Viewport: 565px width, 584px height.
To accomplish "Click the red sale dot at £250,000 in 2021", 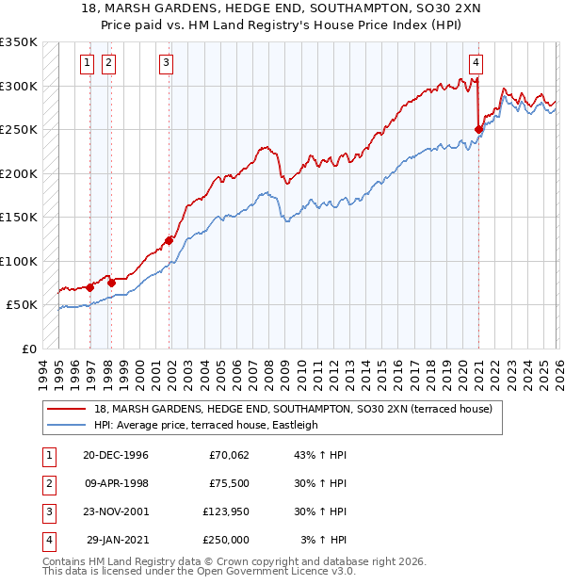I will [478, 130].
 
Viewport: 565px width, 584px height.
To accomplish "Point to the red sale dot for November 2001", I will [169, 240].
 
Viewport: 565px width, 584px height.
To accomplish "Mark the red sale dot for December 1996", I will [90, 287].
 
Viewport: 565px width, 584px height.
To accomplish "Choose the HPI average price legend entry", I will [206, 425].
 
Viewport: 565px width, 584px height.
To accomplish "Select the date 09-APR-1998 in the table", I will [115, 483].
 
